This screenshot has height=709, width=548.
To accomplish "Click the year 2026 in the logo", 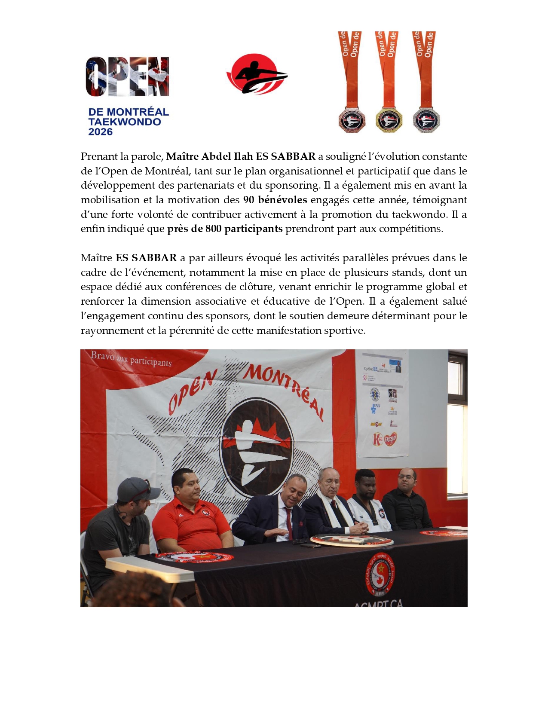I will [x=100, y=132].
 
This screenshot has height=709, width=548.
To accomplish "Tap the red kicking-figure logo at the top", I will [x=257, y=74].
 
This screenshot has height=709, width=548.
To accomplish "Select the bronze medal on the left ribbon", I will [x=351, y=120].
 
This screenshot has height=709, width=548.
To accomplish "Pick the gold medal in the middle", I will [x=389, y=120].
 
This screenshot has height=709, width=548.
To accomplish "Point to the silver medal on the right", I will [x=426, y=120].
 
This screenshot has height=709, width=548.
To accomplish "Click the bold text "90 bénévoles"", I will [x=275, y=200].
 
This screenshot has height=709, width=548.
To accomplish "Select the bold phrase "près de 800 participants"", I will [x=225, y=229].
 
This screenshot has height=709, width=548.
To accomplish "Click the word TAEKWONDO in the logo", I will [x=125, y=122].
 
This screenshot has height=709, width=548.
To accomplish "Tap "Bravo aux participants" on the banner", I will [x=131, y=359].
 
